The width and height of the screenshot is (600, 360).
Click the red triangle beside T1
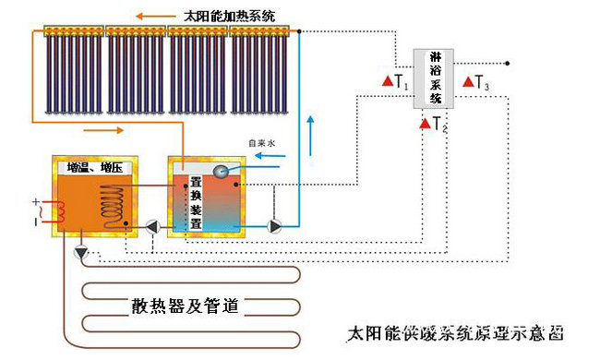[388, 82]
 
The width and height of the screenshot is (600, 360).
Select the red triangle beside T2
[425, 124]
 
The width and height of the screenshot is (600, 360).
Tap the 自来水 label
[261, 143]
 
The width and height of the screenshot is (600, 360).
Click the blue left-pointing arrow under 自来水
[269, 156]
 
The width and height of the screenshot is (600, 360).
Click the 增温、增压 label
[93, 168]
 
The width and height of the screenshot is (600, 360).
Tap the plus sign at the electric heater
[36, 202]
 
